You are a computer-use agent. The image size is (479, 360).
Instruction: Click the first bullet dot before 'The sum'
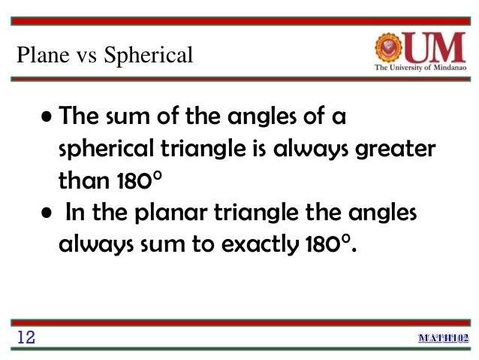coord(48,118)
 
